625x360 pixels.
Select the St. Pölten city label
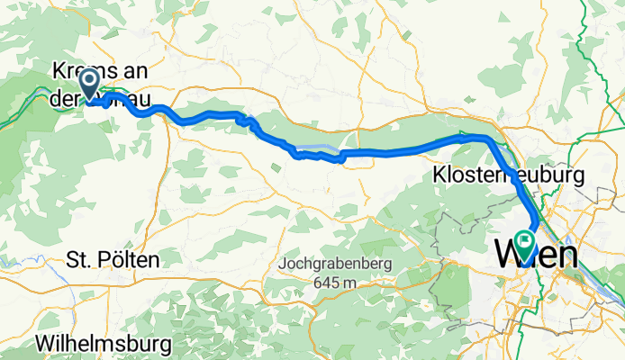click(113, 261)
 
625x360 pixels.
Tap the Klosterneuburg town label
click(509, 173)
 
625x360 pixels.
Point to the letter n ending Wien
click(566, 256)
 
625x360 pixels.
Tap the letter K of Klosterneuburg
click(440, 173)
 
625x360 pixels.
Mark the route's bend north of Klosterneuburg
click(486, 139)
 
